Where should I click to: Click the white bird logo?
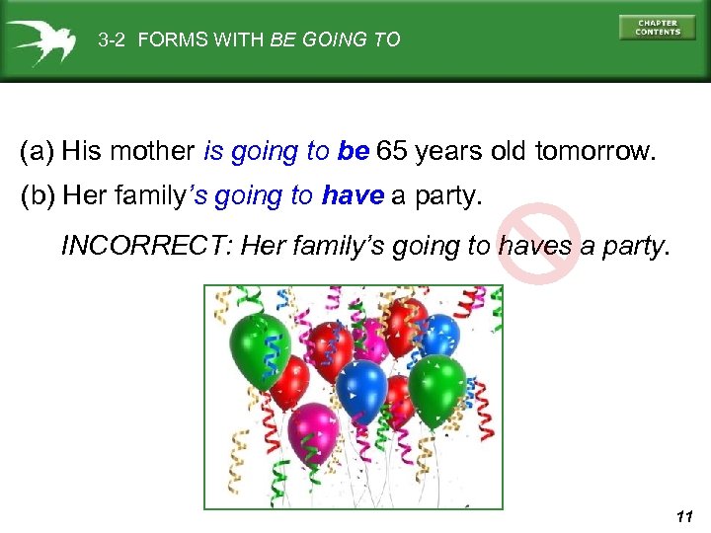tap(40, 40)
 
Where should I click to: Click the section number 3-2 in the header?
tap(114, 40)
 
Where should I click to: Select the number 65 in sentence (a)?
tap(391, 152)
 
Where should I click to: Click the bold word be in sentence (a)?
tap(353, 152)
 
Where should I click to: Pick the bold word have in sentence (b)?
tap(353, 196)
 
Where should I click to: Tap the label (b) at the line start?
tap(38, 196)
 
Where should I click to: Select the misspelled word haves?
tap(534, 245)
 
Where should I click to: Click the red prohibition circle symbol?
tap(537, 243)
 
